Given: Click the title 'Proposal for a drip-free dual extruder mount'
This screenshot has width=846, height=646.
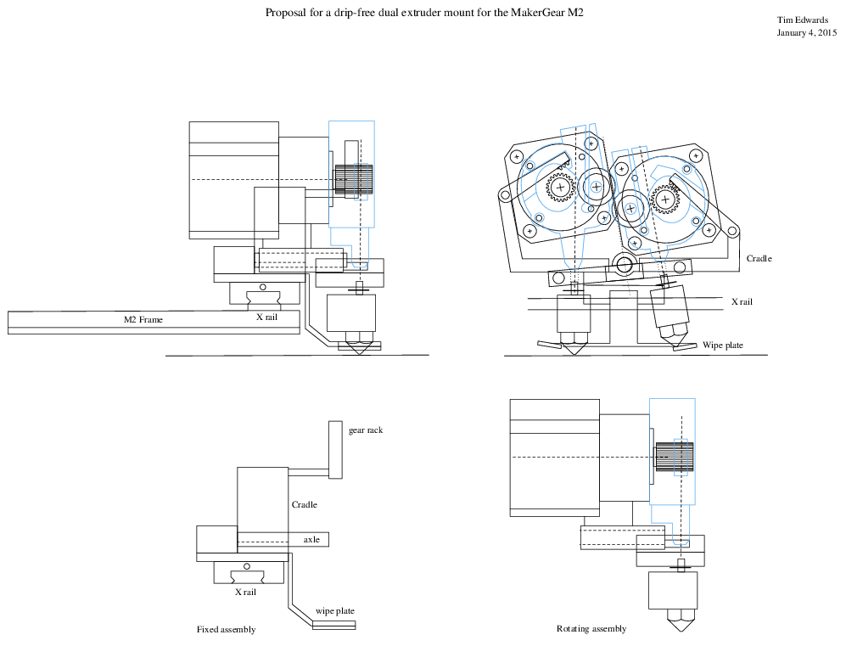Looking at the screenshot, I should (425, 13).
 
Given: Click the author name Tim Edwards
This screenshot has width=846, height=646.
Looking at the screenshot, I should (803, 20).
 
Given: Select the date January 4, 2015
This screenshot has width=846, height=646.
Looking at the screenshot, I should (806, 33).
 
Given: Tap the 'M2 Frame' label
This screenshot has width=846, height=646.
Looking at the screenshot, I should (143, 320).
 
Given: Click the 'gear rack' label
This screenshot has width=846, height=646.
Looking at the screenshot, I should (366, 430).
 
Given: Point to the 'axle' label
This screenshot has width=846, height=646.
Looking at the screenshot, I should (311, 539).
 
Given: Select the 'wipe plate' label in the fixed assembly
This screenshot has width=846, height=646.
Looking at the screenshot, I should (334, 611).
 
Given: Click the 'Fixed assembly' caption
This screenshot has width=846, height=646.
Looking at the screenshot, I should (226, 630).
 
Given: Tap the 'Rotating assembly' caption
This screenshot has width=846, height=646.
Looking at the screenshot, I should (591, 629).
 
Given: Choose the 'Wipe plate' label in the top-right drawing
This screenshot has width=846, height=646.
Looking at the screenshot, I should (723, 345).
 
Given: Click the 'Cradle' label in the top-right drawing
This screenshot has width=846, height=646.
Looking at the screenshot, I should (759, 258).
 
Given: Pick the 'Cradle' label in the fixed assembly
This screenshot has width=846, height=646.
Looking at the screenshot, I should (304, 505).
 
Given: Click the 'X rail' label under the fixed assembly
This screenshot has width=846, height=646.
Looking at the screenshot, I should (245, 593).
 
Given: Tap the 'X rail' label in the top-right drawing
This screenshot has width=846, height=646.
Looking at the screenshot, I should (742, 301).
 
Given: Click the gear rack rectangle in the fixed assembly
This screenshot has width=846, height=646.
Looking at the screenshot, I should (334, 450).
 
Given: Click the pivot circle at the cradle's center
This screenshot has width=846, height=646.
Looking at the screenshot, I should (625, 265).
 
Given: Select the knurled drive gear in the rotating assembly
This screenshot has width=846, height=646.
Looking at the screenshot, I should (674, 458).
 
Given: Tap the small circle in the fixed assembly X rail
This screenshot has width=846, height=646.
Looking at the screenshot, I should (246, 566).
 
